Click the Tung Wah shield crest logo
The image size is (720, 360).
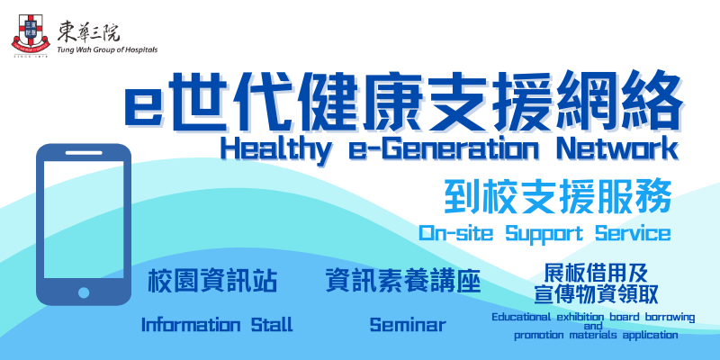pyautogui.click(x=31, y=35)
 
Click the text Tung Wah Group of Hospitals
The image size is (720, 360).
pyautogui.click(x=107, y=49)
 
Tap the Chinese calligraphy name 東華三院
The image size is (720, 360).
pyautogui.click(x=88, y=32)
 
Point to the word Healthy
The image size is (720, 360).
pyautogui.click(x=275, y=148)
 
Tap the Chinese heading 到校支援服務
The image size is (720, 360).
pyautogui.click(x=559, y=197)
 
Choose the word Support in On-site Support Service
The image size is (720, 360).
pyautogui.click(x=544, y=234)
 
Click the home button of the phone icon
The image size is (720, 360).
pyautogui.click(x=84, y=292)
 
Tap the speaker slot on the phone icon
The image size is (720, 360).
pyautogui.click(x=84, y=152)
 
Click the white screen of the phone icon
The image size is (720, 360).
pyautogui.click(x=84, y=220)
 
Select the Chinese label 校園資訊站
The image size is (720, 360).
pyautogui.click(x=212, y=281)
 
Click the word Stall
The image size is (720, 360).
pyautogui.click(x=272, y=325)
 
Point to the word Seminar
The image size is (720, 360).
pyautogui.click(x=408, y=325)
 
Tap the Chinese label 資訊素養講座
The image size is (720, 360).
pyautogui.click(x=402, y=281)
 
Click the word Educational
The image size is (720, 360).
pyautogui.click(x=522, y=318)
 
